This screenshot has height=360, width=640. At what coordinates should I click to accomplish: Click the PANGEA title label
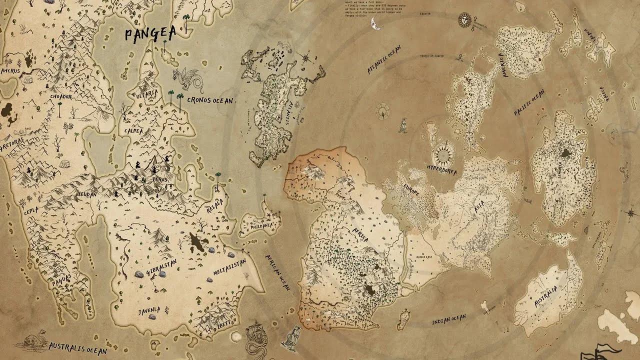pos(150,34)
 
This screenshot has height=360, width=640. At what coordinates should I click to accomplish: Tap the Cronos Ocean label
pos(210,100)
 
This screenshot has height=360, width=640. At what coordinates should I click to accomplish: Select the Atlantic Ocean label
pos(384,60)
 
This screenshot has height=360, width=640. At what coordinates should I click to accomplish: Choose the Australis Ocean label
pos(77,346)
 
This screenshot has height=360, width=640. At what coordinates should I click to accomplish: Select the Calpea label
pos(134,131)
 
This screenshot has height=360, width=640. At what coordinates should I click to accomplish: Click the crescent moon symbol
pos(375,23)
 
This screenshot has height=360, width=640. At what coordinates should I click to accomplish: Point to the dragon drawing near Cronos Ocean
pos(187,80)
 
